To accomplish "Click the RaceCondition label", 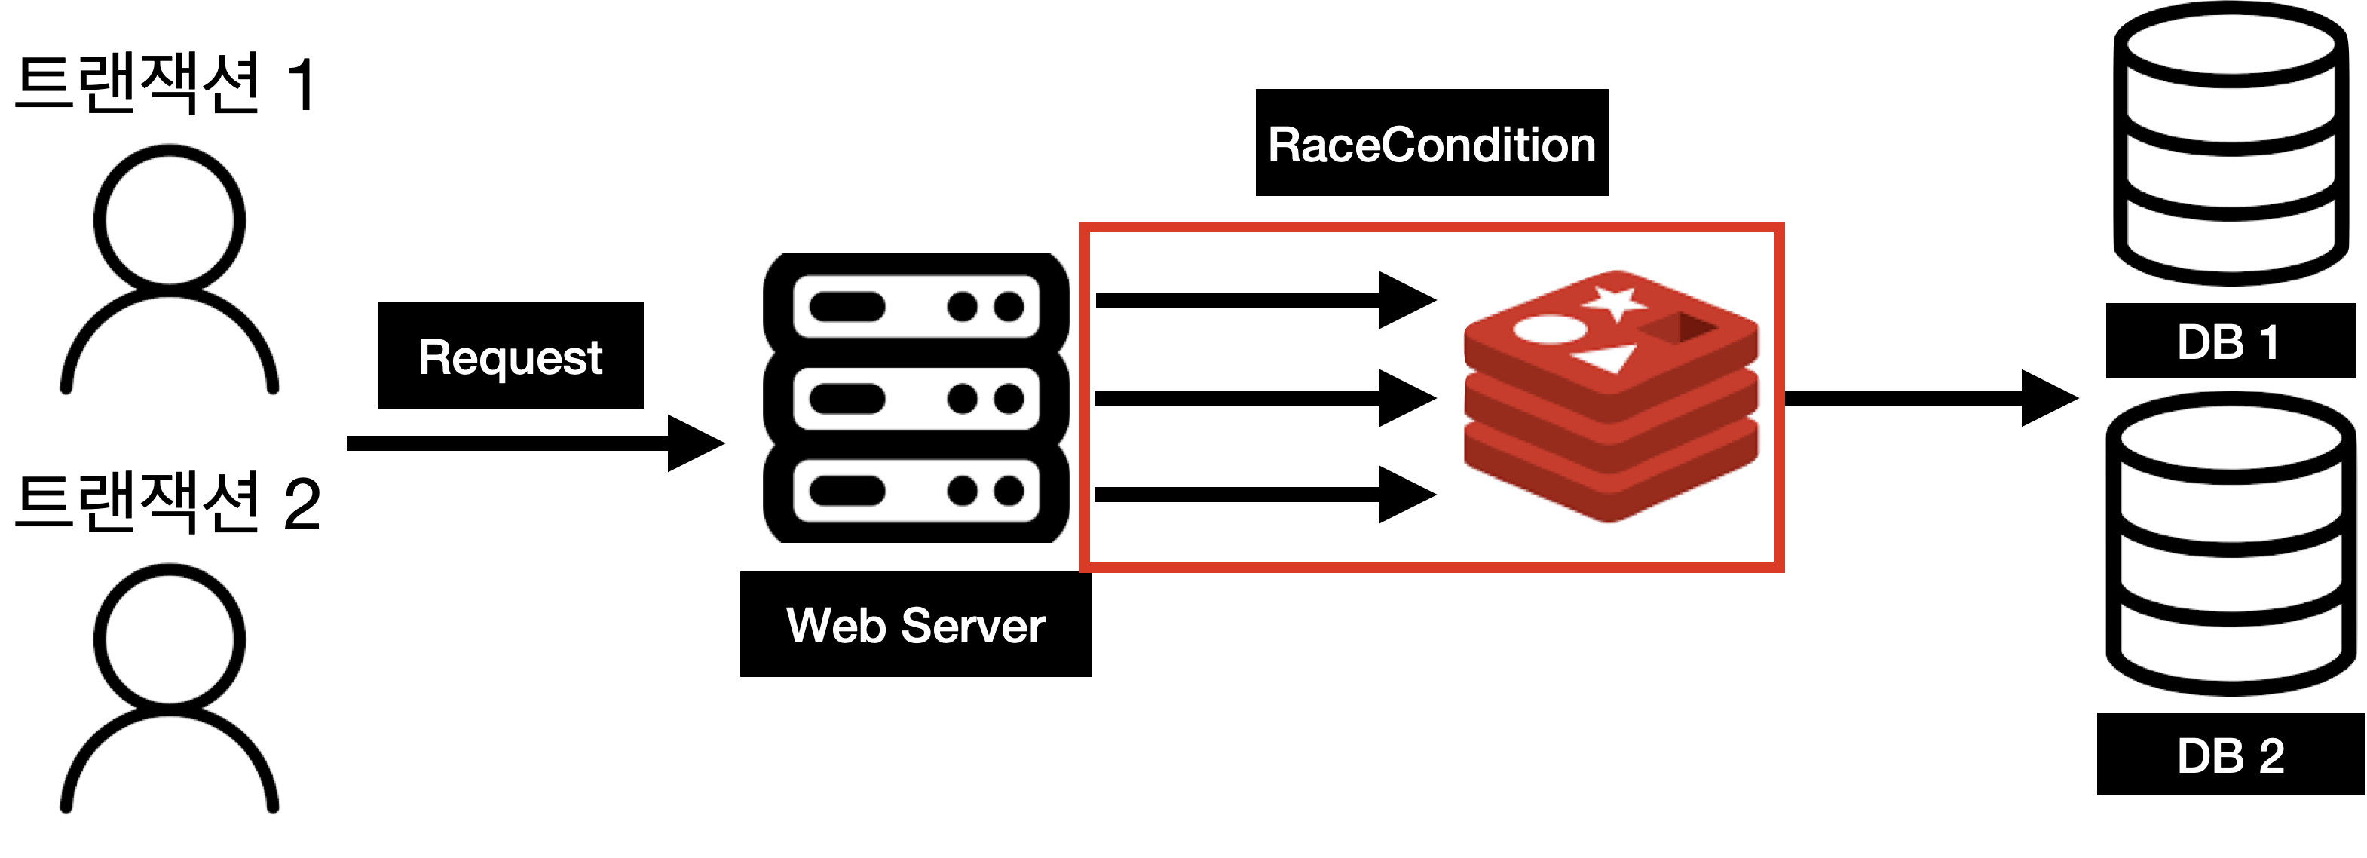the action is (x=1431, y=146).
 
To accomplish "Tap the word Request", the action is (x=510, y=357).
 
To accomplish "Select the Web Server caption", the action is (x=915, y=626).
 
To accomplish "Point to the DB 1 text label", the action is (x=2228, y=342).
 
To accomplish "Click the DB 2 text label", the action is (x=2230, y=757).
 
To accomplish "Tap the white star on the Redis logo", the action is (x=1615, y=302).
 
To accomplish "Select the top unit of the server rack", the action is (x=916, y=306).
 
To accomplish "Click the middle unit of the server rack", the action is (x=916, y=399).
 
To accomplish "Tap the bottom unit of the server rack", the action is (x=916, y=491).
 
